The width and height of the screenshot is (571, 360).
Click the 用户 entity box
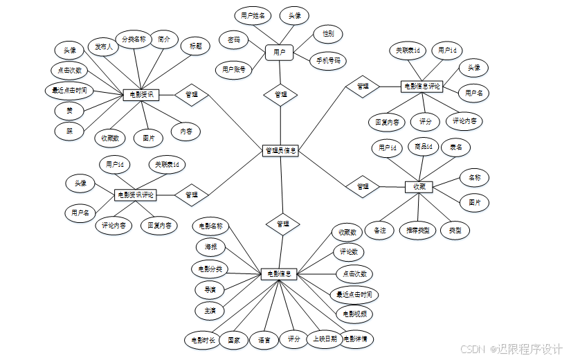pos(280,52)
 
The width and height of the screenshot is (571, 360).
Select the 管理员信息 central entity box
pos(281,150)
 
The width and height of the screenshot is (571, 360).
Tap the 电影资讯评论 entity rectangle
pos(136,195)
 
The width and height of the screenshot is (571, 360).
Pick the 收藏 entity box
pos(419,186)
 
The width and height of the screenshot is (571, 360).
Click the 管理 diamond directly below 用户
pos(281,94)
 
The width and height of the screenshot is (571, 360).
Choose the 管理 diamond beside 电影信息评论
pos(363,87)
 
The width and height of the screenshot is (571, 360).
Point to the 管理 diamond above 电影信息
pos(282,224)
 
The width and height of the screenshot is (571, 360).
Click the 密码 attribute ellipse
pos(233,40)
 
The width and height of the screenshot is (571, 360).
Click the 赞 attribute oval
pos(69,110)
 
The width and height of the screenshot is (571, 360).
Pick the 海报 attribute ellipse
pos(210,246)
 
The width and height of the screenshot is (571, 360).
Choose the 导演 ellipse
pos(210,289)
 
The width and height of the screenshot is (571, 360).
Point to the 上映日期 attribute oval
pos(324,339)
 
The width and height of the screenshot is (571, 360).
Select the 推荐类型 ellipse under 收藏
pos(418,231)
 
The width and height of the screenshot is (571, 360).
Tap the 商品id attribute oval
pos(423,147)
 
